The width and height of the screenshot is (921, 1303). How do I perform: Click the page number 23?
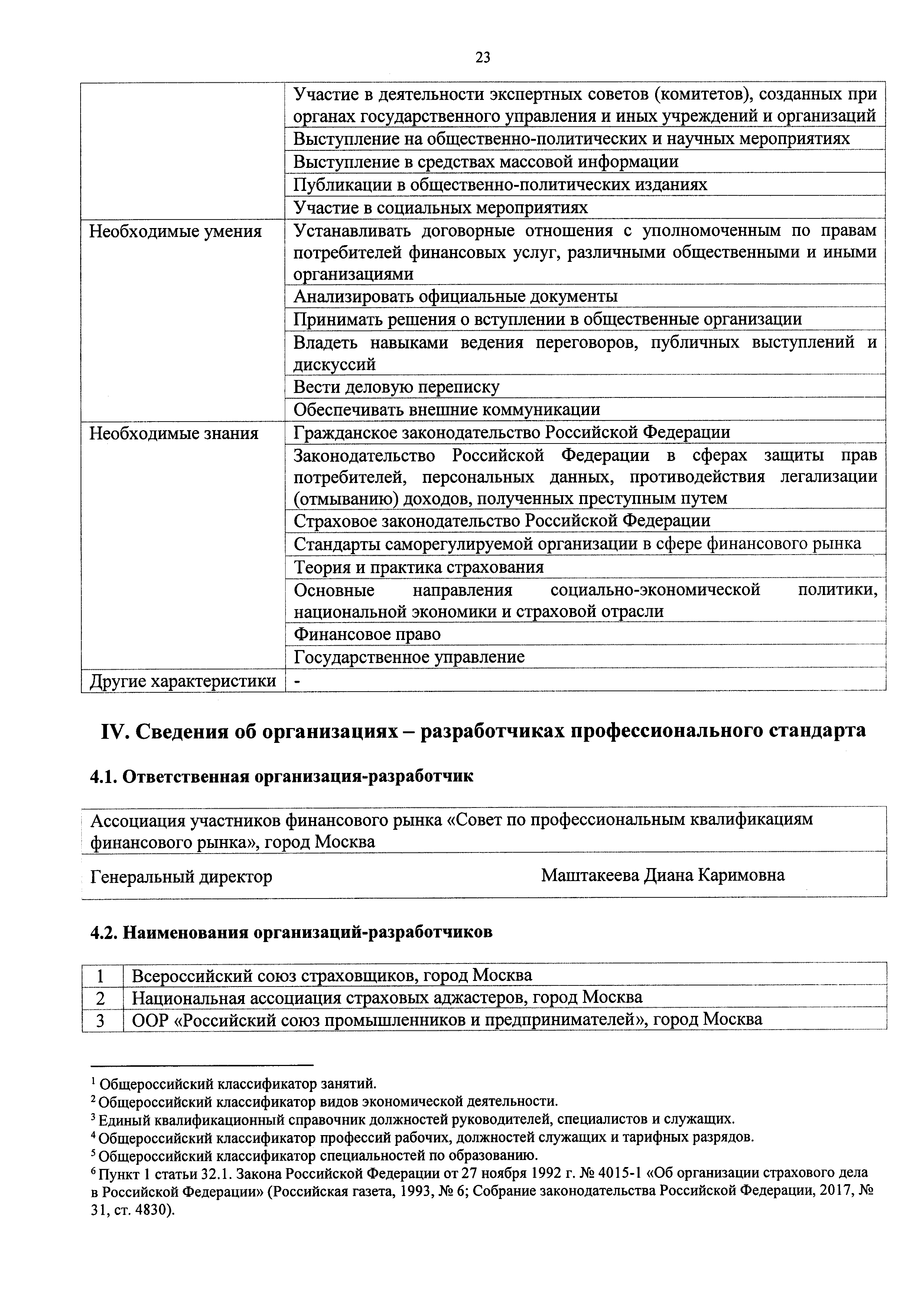click(x=483, y=57)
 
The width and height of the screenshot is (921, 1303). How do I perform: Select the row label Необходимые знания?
click(x=174, y=433)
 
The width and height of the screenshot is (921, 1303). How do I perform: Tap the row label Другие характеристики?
click(x=183, y=680)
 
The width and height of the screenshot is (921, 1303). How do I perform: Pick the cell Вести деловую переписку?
click(x=396, y=387)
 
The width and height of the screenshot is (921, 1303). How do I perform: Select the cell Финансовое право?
click(x=367, y=634)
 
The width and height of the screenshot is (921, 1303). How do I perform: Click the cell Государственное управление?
click(x=409, y=657)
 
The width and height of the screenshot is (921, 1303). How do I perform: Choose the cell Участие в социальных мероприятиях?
click(x=440, y=208)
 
